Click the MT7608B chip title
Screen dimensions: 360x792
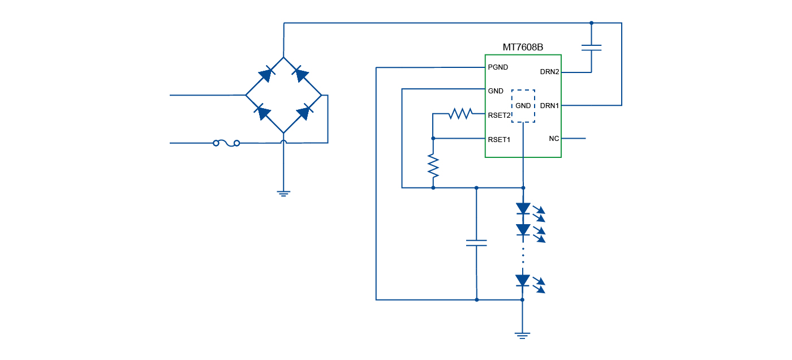point(523,48)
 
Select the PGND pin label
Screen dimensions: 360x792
point(498,67)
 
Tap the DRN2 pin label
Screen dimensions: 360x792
point(549,72)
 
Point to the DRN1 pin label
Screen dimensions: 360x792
point(549,105)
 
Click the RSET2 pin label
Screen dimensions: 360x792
point(500,115)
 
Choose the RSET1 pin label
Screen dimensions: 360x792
point(500,139)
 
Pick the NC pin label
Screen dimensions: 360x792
point(554,139)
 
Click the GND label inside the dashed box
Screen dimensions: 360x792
point(523,106)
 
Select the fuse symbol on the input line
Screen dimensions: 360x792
point(226,143)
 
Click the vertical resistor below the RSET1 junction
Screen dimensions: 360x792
point(433,166)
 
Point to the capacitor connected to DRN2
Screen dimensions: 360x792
point(591,48)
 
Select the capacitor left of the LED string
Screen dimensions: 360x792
point(476,243)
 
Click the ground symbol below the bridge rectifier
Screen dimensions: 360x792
point(283,194)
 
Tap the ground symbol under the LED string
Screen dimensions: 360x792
point(523,335)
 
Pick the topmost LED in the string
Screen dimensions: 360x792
point(523,209)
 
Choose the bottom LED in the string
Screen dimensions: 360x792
point(523,281)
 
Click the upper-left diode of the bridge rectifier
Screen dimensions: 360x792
point(265,74)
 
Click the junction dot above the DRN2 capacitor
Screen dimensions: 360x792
point(591,23)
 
